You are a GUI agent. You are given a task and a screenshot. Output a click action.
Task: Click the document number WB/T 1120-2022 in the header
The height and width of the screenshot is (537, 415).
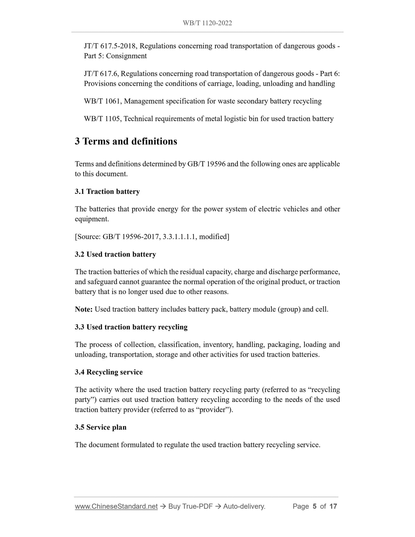(x=207, y=23)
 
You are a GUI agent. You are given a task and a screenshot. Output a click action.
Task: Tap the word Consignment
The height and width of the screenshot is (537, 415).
(x=126, y=56)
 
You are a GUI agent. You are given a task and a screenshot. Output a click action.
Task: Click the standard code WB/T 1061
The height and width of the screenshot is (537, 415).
(x=102, y=101)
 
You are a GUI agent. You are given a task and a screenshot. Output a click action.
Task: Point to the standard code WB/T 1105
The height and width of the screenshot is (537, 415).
(x=102, y=119)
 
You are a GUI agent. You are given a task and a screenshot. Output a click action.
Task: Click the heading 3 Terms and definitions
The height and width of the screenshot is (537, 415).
(x=126, y=141)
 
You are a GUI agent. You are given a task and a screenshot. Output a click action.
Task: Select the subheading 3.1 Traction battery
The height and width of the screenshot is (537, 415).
(x=107, y=192)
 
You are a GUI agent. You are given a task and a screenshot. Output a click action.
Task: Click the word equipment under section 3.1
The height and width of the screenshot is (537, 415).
(x=91, y=219)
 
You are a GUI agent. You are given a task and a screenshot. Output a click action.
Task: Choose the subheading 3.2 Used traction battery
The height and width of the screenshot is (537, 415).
(x=115, y=254)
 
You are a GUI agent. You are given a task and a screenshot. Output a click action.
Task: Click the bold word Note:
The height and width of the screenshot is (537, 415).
(x=84, y=309)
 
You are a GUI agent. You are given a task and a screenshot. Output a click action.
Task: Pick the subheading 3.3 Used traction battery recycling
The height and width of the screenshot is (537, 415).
(x=131, y=327)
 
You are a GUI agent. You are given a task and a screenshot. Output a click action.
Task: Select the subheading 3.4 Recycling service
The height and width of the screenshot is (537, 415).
(x=109, y=372)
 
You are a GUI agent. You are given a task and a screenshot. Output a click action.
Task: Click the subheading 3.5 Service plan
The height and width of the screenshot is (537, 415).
(x=101, y=427)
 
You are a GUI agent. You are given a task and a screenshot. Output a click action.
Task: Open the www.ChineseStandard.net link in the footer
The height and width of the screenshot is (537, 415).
(x=116, y=506)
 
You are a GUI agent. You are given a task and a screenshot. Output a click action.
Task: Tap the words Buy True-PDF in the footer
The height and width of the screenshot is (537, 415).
(x=190, y=506)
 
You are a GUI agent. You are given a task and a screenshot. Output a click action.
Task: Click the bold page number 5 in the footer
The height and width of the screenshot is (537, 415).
(x=314, y=506)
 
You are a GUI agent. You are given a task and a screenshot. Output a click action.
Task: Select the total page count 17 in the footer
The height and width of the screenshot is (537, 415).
(x=333, y=506)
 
